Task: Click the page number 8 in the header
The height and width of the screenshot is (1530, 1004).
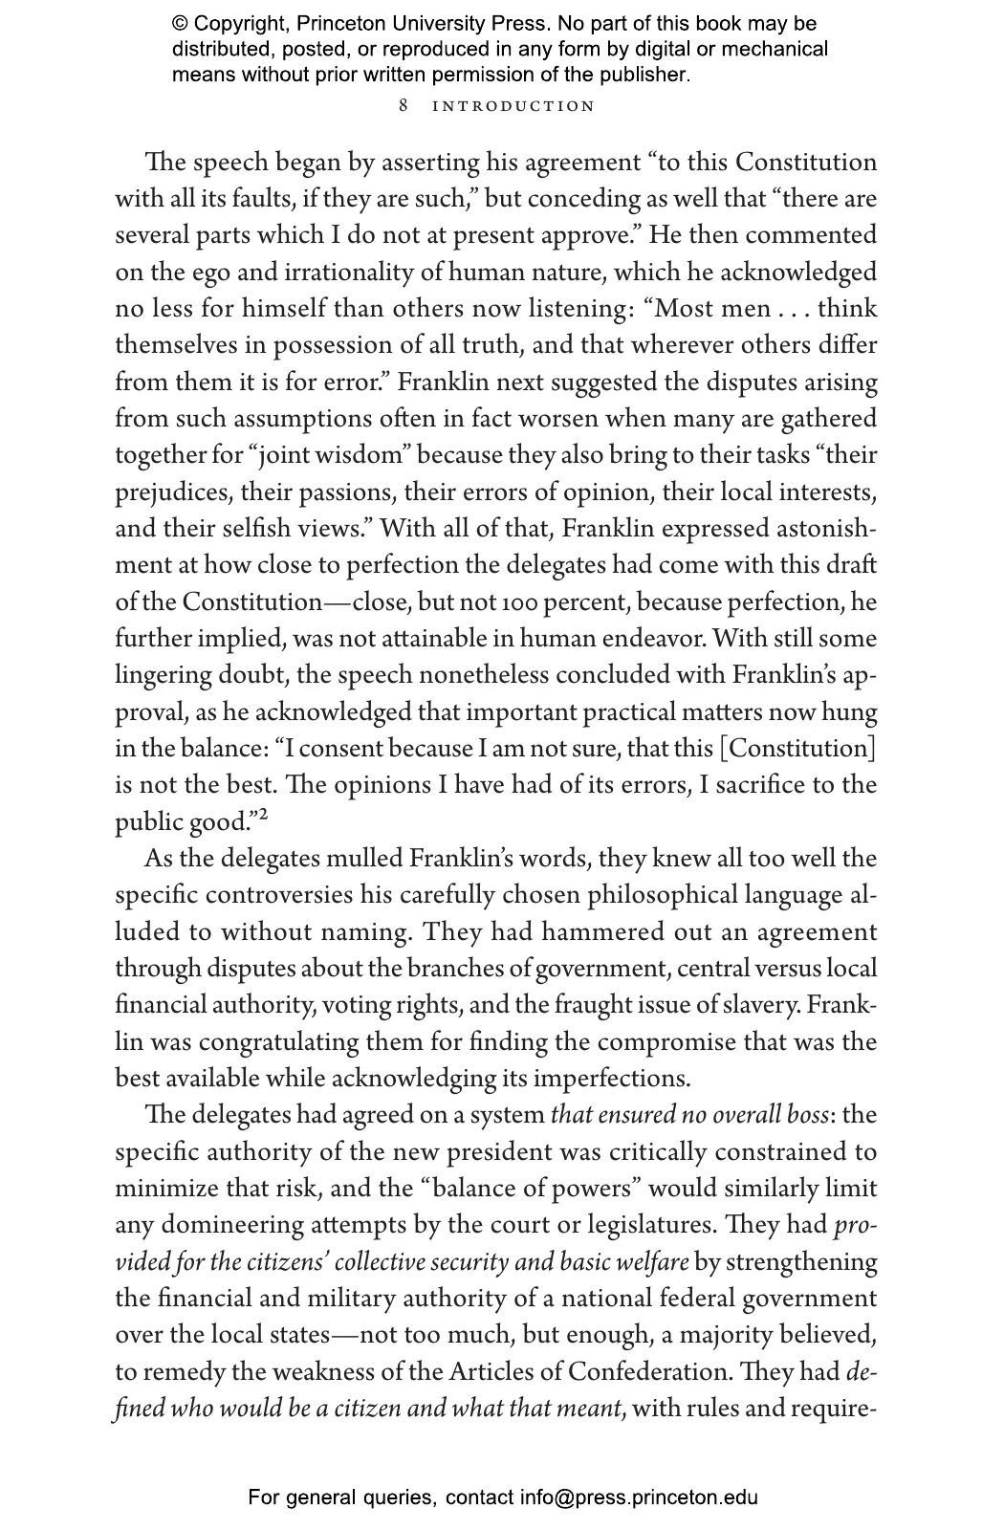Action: coord(404,105)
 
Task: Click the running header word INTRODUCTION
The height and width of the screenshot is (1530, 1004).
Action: coord(513,105)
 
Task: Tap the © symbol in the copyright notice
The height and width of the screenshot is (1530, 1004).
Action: coord(180,23)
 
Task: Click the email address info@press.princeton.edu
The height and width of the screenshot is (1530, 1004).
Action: coord(639,1497)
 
